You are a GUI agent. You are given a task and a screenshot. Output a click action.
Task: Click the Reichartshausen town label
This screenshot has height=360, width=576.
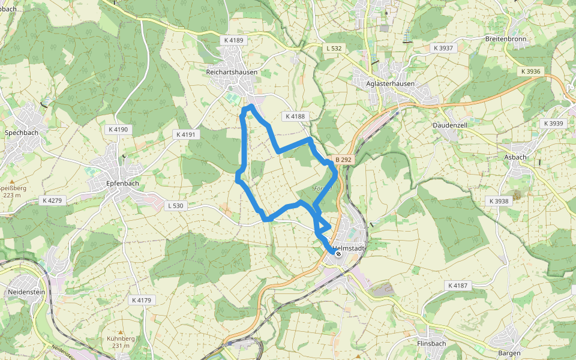pyautogui.click(x=231, y=72)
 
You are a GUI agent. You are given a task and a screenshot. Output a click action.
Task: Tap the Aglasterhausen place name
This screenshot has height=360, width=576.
pyautogui.click(x=390, y=84)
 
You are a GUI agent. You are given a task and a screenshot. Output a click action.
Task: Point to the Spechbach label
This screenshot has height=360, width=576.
pyautogui.click(x=22, y=132)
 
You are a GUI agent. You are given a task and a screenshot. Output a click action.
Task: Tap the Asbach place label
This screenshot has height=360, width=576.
pyautogui.click(x=516, y=157)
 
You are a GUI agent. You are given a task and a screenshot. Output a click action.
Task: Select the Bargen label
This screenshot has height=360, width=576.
pyautogui.click(x=509, y=353)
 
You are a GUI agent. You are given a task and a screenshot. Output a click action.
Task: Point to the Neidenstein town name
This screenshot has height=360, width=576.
pyautogui.click(x=25, y=292)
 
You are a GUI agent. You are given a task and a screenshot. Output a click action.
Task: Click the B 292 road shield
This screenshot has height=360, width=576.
pyautogui.click(x=343, y=160)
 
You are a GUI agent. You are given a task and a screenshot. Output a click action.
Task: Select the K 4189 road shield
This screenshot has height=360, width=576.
pyautogui.click(x=234, y=40)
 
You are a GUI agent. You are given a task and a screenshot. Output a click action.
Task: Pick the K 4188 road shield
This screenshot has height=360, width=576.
pyautogui.click(x=295, y=116)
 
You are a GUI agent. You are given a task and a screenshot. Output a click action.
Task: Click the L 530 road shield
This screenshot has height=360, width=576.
pyautogui.click(x=175, y=206)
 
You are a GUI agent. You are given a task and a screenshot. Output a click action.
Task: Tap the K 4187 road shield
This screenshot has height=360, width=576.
pyautogui.click(x=457, y=286)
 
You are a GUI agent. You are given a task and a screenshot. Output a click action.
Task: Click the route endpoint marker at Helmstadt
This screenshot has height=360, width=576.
pyautogui.click(x=338, y=254)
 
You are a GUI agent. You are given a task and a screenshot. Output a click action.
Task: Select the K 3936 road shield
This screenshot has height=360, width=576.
pyautogui.click(x=530, y=71)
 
